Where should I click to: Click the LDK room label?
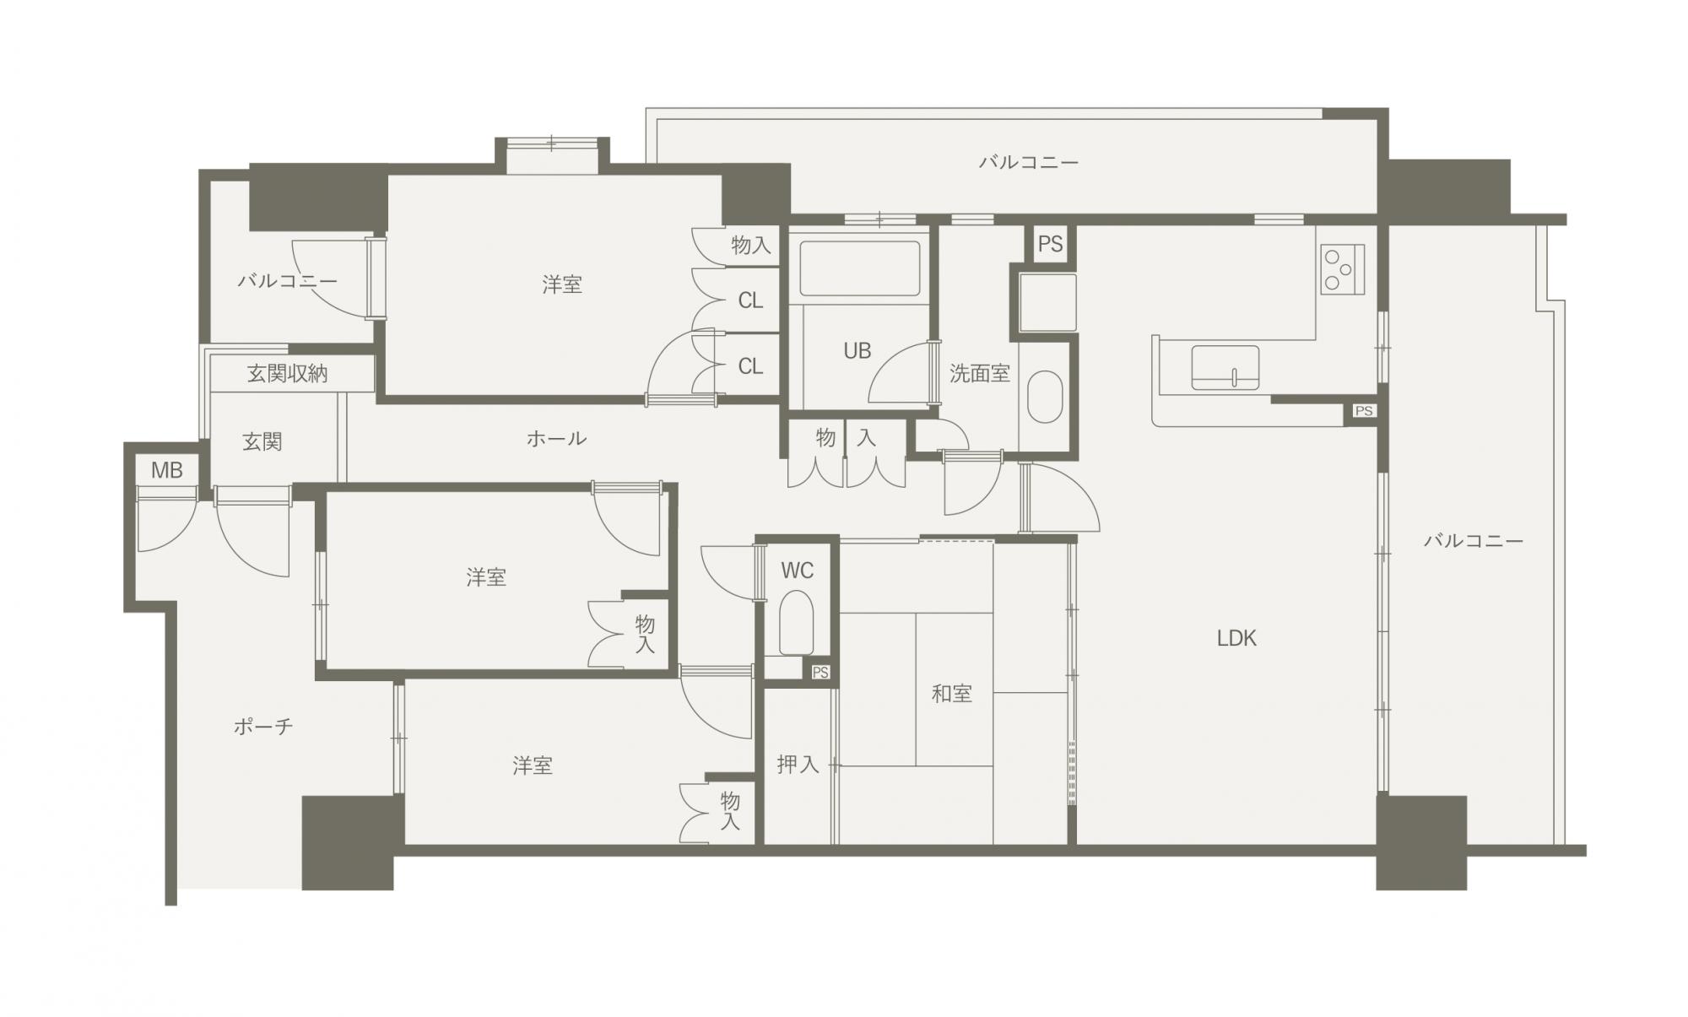[1236, 639]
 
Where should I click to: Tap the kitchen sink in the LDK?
[1225, 368]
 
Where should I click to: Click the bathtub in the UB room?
[859, 268]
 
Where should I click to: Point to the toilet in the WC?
[796, 622]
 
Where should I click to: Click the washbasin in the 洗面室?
[1046, 397]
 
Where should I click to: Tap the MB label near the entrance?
[167, 470]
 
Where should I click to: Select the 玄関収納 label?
[287, 374]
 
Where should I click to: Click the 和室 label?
[951, 694]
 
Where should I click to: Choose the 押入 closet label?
[798, 765]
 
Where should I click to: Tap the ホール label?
[556, 438]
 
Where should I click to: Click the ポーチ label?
[263, 726]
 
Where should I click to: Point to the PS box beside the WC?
[820, 673]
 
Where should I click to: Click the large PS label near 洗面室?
[1050, 245]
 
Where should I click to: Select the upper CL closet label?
[750, 300]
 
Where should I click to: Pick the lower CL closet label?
[750, 366]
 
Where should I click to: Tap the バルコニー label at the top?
[1029, 162]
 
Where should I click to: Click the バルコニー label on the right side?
[1474, 540]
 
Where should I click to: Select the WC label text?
[797, 571]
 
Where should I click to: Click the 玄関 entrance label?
[262, 441]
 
